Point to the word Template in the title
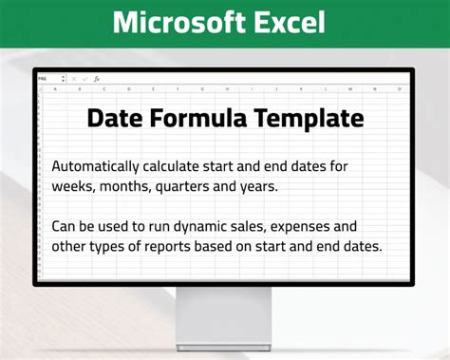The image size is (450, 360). (x=308, y=119)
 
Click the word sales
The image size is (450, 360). (x=302, y=226)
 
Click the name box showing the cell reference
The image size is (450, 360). (x=49, y=79)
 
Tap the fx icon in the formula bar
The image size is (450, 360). (x=96, y=79)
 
